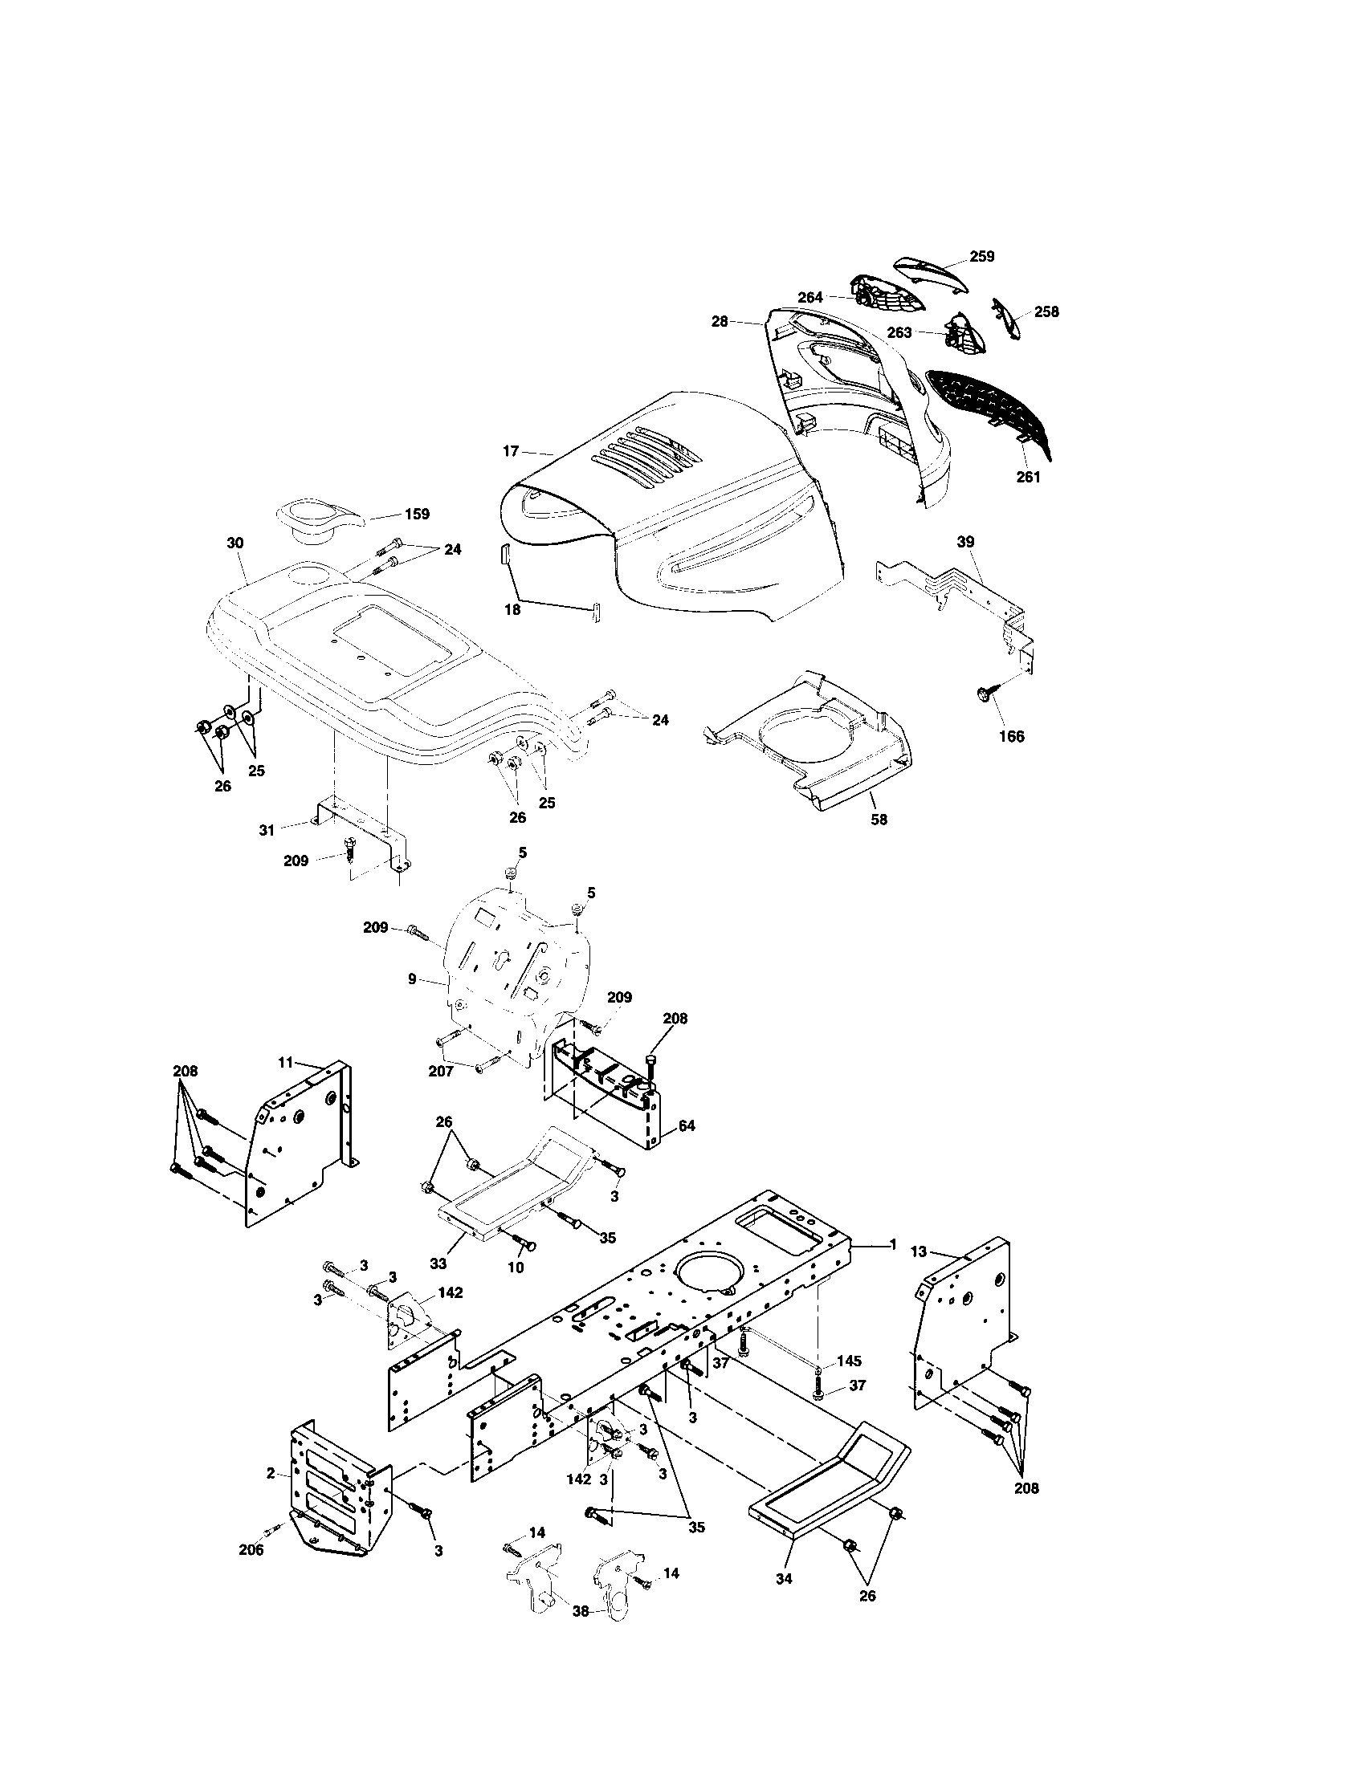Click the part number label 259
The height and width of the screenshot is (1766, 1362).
coord(982,256)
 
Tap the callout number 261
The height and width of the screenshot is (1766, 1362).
coord(1029,477)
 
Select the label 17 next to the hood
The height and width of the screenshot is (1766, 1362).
coord(510,451)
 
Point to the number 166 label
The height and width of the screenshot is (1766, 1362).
coord(1011,736)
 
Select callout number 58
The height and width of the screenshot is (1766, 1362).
coord(879,819)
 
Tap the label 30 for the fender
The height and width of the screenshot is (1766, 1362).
coord(234,543)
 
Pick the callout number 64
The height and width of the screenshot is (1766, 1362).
coord(686,1125)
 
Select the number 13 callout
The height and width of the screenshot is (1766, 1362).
coord(919,1276)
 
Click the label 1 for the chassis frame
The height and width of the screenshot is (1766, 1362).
coord(893,1267)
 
